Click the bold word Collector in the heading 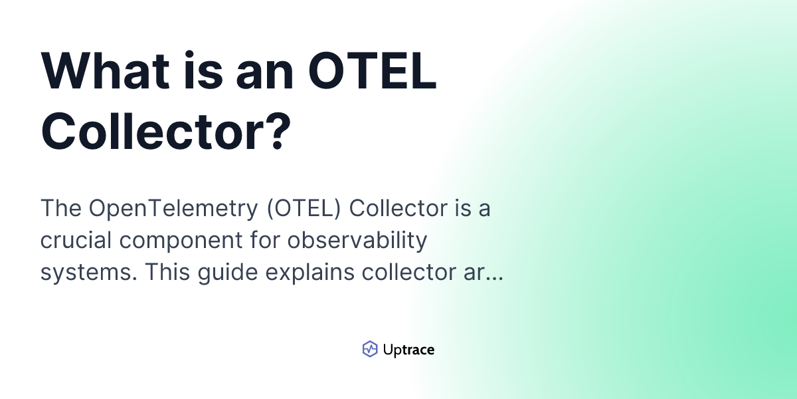pyautogui.click(x=149, y=128)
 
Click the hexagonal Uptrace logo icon pyautogui.click(x=370, y=349)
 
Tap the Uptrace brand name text pyautogui.click(x=408, y=350)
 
